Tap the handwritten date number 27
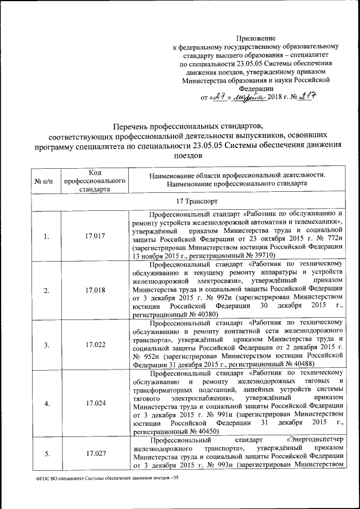(x=221, y=97)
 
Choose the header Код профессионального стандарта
(x=94, y=182)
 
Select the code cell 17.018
(x=94, y=290)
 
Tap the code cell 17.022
(x=94, y=344)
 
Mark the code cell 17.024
(x=94, y=403)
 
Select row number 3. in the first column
(x=44, y=344)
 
